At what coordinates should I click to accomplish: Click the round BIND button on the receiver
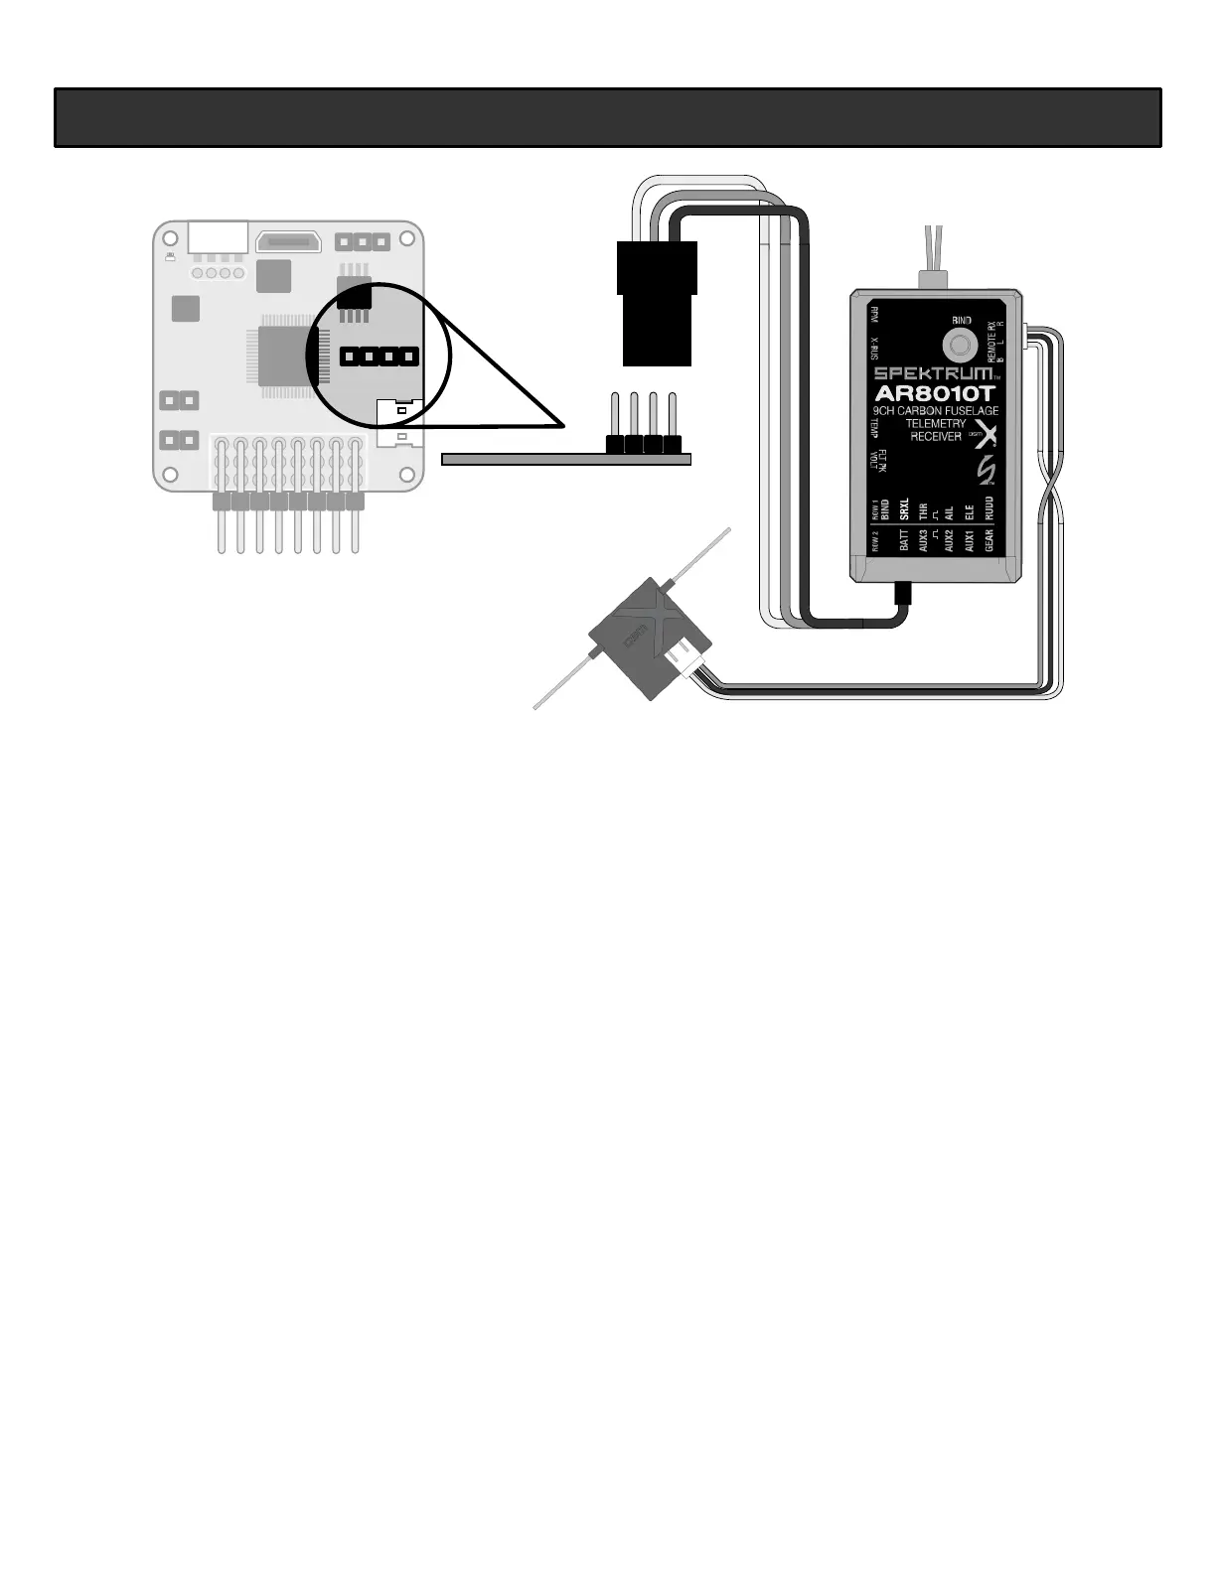(960, 346)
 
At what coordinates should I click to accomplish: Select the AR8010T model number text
(935, 392)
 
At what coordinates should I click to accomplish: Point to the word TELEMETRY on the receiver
(935, 424)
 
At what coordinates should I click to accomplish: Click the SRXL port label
(904, 509)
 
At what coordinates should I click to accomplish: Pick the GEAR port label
(988, 540)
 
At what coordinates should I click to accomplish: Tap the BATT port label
(904, 540)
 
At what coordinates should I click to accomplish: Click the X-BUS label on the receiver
(874, 349)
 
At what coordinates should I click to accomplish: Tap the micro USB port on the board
(287, 241)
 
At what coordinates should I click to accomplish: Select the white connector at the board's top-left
(217, 236)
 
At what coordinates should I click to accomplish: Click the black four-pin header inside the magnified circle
(379, 356)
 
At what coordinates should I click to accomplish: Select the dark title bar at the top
(607, 118)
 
